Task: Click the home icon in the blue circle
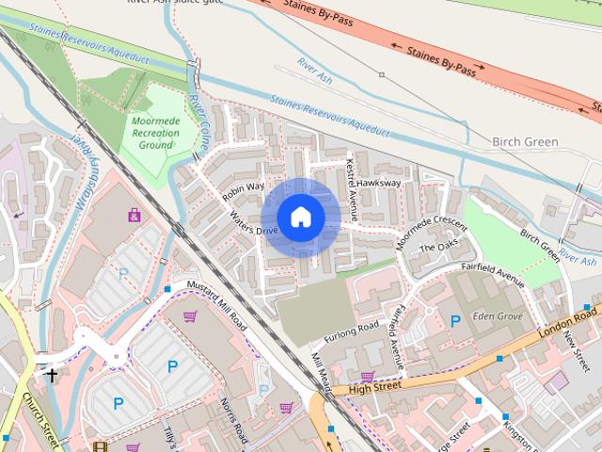pyautogui.click(x=300, y=217)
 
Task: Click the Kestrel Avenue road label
pyautogui.click(x=352, y=185)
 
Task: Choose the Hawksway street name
pyautogui.click(x=379, y=183)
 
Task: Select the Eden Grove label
pyautogui.click(x=498, y=316)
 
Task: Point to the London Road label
pyautogui.click(x=568, y=328)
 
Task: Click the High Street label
pyautogui.click(x=374, y=386)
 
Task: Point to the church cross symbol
pyautogui.click(x=52, y=375)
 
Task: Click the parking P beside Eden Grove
pyautogui.click(x=455, y=321)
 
